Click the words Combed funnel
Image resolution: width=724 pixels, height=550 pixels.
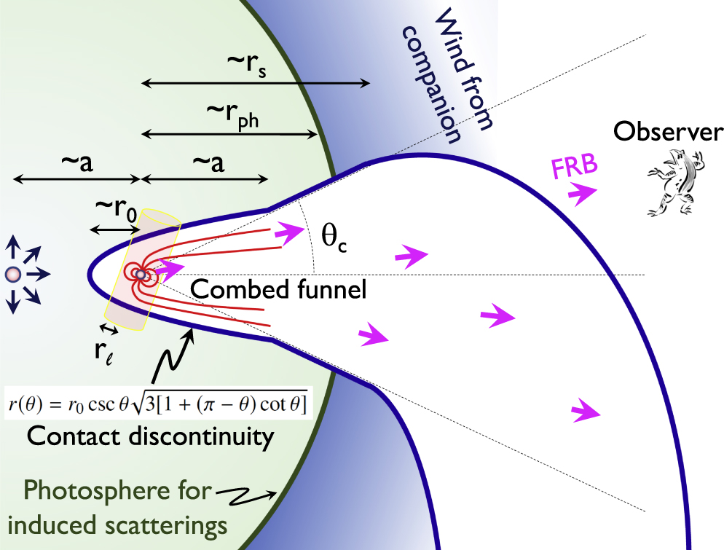click(x=278, y=289)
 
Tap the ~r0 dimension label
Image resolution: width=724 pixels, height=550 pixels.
click(x=115, y=211)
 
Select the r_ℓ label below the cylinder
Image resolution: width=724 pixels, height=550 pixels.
click(x=103, y=350)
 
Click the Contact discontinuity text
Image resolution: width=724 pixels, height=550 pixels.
click(x=150, y=437)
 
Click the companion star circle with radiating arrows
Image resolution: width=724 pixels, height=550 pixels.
click(x=12, y=275)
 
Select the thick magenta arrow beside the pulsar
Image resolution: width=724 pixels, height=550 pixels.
click(x=169, y=268)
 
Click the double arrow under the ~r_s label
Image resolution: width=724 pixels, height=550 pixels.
click(x=255, y=85)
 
